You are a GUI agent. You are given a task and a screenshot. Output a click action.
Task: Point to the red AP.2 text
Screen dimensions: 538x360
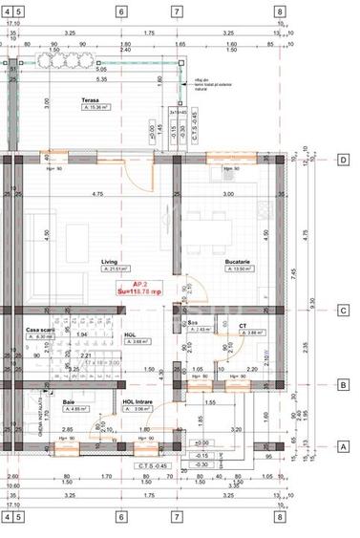coord(140,284)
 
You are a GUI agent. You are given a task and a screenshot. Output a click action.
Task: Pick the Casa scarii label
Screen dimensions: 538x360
coord(39,328)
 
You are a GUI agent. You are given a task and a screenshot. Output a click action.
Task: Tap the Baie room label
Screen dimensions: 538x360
coord(69,401)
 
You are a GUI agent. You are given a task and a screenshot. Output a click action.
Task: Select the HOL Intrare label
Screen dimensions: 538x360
coord(138,401)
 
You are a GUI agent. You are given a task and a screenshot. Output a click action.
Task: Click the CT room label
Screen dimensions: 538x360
coord(244,326)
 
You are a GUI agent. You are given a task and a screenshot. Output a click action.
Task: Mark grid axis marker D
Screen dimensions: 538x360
coord(343,160)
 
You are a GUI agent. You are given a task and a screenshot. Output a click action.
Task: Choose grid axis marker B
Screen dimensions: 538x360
coord(343,385)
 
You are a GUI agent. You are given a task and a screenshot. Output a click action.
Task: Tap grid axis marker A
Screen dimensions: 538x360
coord(343,446)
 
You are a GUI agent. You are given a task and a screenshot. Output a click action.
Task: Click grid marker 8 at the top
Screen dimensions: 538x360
coord(279,12)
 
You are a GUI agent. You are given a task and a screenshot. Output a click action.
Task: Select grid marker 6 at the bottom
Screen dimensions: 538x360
coord(121,517)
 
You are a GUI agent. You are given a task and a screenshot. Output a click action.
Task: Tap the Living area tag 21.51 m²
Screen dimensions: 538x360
coord(118,269)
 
